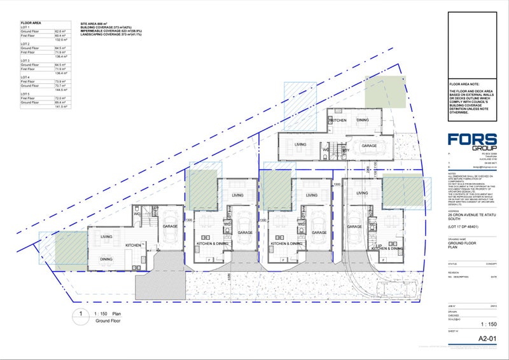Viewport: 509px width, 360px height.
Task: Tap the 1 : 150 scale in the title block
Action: [486, 324]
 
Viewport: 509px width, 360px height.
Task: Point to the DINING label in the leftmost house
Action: [106, 259]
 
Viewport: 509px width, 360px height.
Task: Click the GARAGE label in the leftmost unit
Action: [169, 226]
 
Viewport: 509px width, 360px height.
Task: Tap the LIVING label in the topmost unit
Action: [300, 145]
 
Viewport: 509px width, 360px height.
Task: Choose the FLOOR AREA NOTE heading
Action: [463, 84]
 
